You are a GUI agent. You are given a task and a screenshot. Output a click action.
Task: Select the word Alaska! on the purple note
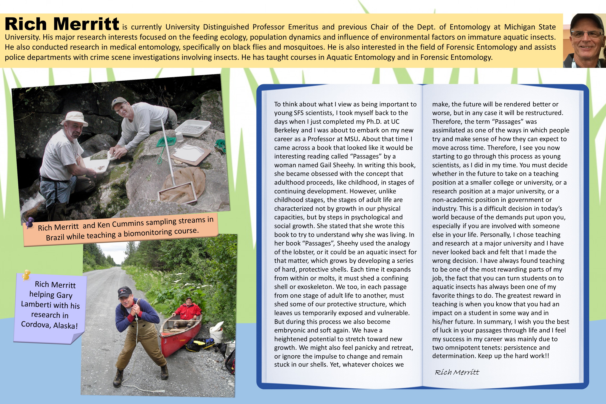pyautogui.click(x=65, y=326)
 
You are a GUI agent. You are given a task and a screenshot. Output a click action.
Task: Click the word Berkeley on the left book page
pyautogui.click(x=286, y=130)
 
